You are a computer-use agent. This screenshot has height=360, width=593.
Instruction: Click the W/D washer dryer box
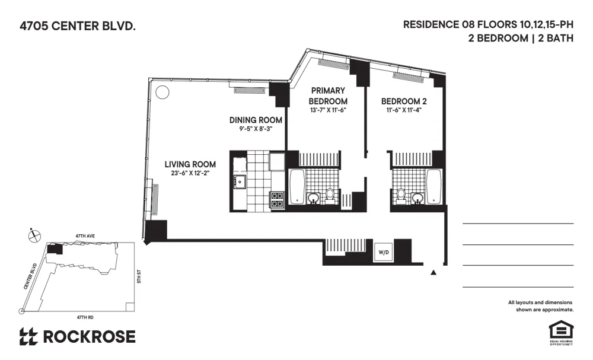384,252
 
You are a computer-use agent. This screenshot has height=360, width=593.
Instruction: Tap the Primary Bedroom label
328,95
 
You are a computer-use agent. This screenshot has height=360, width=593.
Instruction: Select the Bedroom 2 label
404,101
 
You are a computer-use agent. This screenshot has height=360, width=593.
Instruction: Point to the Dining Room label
256,120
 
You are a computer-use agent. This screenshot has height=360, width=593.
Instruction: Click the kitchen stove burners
278,199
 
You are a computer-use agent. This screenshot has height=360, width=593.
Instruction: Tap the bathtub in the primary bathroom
296,186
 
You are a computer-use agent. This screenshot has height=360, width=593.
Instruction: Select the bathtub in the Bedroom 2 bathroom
434,186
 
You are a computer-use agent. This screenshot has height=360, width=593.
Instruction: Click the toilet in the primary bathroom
330,195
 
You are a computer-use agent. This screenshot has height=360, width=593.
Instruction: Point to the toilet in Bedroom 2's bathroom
401,195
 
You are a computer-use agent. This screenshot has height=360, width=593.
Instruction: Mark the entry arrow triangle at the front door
433,272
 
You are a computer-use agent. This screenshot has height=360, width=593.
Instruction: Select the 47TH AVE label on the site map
84,235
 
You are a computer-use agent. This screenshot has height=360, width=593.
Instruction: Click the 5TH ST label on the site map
139,276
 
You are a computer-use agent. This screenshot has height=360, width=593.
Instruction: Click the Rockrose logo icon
28,337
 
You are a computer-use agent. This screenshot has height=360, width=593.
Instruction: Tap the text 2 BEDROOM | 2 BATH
520,39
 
